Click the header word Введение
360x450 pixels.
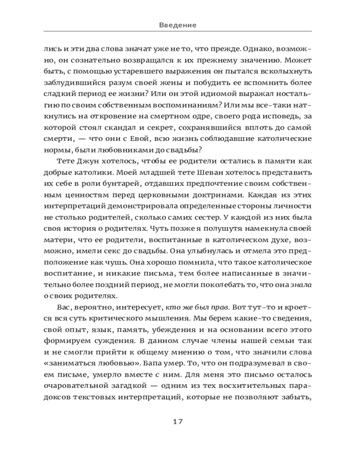coord(178,25)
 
